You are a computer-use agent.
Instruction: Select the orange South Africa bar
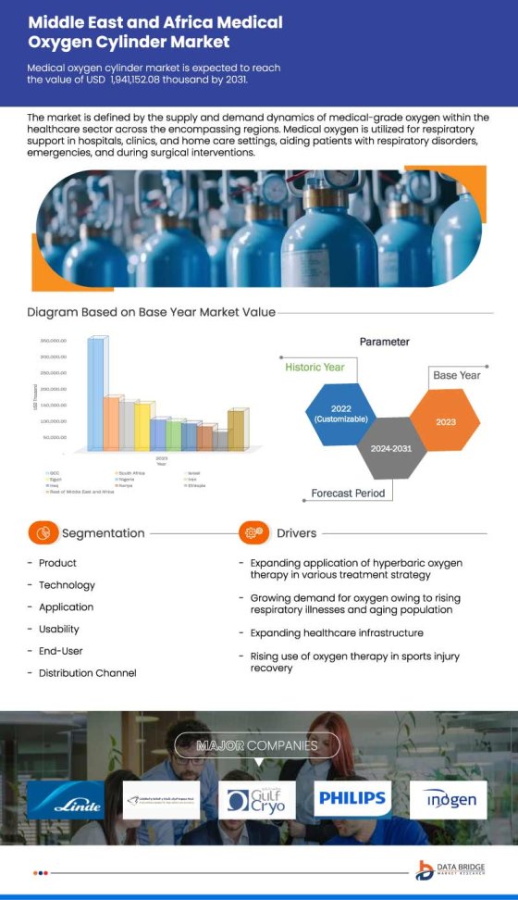coord(112,423)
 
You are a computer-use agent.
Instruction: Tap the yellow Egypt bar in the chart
coord(142,426)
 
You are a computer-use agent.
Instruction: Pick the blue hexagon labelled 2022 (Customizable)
coord(340,413)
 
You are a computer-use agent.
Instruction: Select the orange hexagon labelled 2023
coord(446,420)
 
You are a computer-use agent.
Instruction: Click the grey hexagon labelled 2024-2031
coord(392,448)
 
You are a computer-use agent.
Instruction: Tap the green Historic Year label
coord(314,368)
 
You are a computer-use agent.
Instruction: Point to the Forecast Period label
coord(348,494)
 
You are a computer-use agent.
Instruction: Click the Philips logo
coord(352,797)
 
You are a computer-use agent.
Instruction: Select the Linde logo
coord(66,799)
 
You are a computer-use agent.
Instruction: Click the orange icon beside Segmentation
coord(43,533)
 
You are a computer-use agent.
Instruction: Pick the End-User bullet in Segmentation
coord(61,651)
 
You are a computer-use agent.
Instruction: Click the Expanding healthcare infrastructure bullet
coord(337,633)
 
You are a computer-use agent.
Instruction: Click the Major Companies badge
coord(257,745)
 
